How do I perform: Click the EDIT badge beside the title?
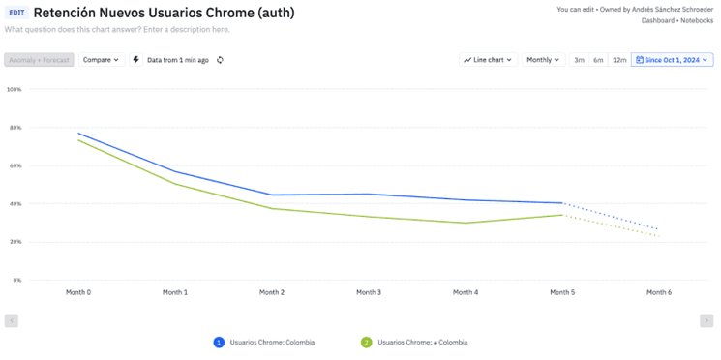click(16, 14)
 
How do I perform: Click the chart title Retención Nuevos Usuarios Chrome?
click(164, 14)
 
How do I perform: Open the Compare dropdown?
click(101, 60)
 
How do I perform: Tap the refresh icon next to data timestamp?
click(220, 60)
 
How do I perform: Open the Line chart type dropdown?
click(488, 60)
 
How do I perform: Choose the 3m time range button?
click(579, 60)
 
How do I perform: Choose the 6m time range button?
click(598, 60)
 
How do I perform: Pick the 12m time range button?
click(619, 60)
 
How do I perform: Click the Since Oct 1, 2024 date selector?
click(673, 60)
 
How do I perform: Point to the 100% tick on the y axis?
click(14, 90)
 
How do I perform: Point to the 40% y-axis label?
click(14, 204)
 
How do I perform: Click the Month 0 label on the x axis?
click(77, 292)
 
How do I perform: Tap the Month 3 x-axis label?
click(368, 292)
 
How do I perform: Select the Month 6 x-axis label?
click(658, 292)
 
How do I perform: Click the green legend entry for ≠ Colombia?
click(421, 342)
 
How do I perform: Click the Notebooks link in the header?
click(695, 19)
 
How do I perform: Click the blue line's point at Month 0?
click(77, 134)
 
